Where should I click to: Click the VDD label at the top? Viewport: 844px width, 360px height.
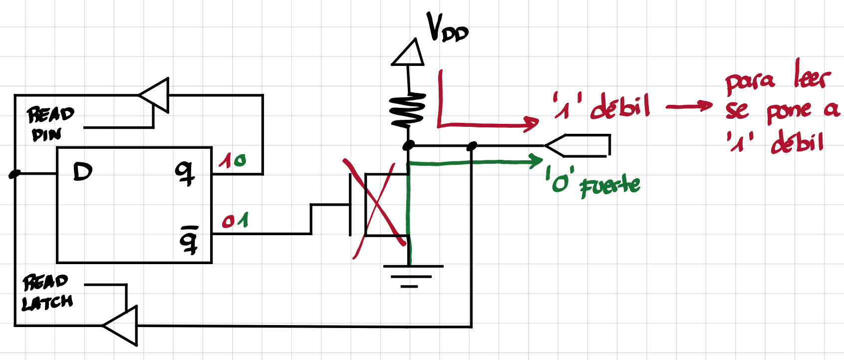(x=447, y=28)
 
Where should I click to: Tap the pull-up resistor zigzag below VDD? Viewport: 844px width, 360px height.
(x=408, y=110)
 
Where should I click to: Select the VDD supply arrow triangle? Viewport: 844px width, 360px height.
(x=408, y=53)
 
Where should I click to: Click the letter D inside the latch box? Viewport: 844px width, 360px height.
(x=82, y=172)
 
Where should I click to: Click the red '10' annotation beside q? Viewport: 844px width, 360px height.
(x=232, y=160)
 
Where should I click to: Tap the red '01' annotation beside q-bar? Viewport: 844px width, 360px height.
(x=235, y=221)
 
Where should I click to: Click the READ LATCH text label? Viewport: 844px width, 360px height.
(x=46, y=293)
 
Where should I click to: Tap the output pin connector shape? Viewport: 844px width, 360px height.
(x=579, y=145)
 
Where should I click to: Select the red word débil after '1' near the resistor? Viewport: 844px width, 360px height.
(x=620, y=106)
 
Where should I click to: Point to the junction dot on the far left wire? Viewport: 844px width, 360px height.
(x=14, y=174)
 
